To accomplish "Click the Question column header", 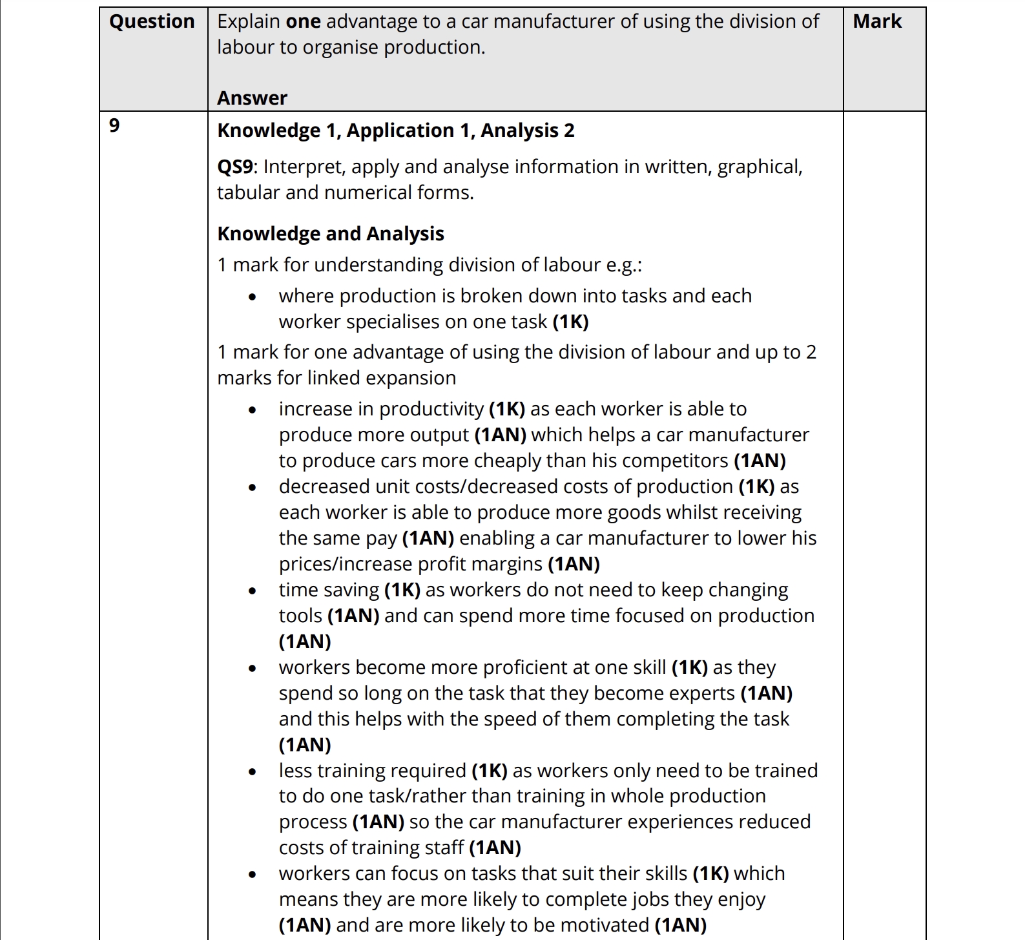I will pos(152,21).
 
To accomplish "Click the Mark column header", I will pos(876,21).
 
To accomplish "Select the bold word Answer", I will pos(252,98).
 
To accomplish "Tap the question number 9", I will pos(114,125).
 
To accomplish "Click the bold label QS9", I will pos(236,167).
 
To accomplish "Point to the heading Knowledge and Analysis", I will pos(330,233).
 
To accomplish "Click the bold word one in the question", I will pos(303,21).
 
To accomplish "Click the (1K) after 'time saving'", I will pos(402,590).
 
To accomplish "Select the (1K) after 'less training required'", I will pos(489,771).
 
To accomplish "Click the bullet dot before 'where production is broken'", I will pos(253,297).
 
